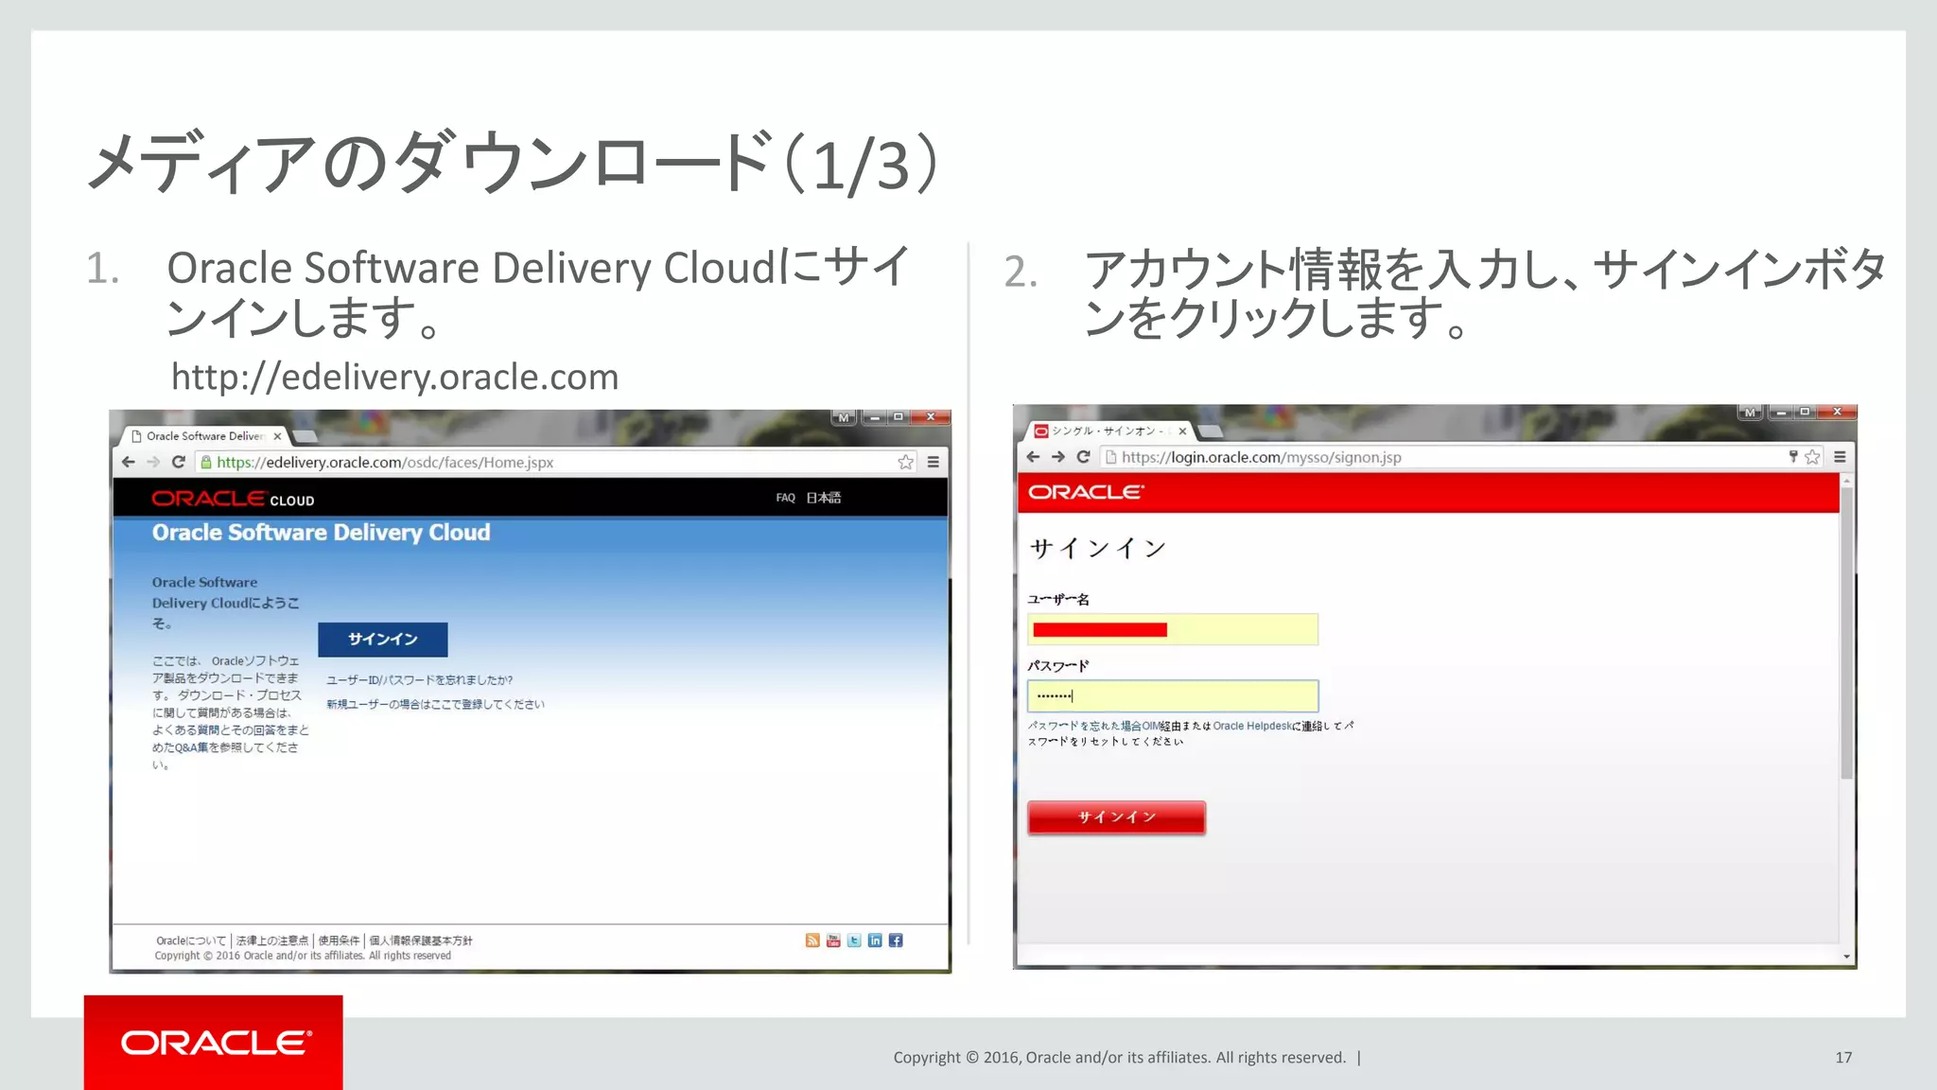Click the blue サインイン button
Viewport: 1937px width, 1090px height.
(382, 640)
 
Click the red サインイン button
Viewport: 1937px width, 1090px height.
(1116, 817)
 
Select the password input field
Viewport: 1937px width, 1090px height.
(1173, 696)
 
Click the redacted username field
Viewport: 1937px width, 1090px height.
(1173, 629)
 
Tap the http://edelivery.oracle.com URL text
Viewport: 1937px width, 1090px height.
(394, 378)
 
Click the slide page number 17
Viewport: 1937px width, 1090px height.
(1843, 1058)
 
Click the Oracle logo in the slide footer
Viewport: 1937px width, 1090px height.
(214, 1043)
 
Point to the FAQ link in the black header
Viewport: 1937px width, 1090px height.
(785, 498)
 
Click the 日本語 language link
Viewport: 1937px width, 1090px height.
(823, 498)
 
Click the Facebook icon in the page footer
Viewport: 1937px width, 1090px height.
(896, 941)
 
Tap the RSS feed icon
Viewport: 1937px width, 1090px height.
(812, 941)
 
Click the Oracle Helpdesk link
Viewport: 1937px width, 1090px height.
(1251, 727)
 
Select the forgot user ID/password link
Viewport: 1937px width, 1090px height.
(419, 680)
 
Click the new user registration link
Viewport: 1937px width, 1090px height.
(435, 705)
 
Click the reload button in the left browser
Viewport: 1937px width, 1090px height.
(178, 463)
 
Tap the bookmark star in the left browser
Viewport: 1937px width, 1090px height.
(905, 463)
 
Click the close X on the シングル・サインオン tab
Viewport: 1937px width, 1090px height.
(1182, 431)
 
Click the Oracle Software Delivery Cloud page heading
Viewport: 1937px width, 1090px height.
(322, 533)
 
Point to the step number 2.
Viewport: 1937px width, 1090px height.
(1021, 272)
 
